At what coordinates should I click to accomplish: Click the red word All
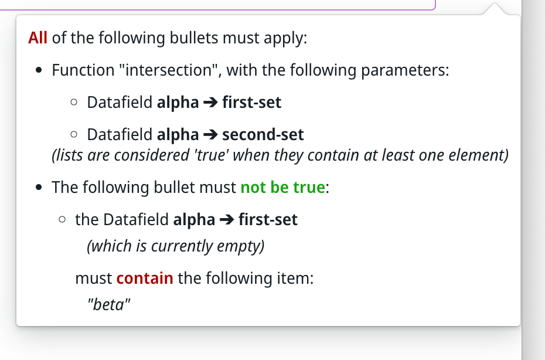point(38,39)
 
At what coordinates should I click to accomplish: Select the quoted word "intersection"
point(167,70)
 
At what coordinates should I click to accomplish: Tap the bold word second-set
point(263,135)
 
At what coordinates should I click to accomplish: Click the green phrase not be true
point(282,188)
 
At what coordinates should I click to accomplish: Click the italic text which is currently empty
point(176,246)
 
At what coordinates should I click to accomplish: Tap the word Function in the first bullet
point(83,70)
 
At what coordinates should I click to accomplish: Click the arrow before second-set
point(210,135)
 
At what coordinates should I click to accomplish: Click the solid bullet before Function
point(39,72)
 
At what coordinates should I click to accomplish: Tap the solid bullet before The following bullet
point(39,189)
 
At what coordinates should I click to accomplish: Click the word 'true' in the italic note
point(210,155)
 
